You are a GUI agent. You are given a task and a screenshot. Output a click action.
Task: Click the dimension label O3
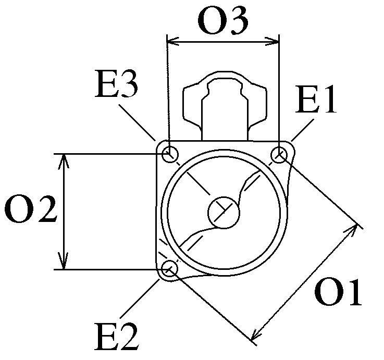pos(222,21)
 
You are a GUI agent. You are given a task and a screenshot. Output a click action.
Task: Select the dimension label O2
pos(30,211)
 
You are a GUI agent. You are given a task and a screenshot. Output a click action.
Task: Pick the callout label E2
pos(117,337)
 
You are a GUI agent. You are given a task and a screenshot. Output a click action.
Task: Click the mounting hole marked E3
pos(169,154)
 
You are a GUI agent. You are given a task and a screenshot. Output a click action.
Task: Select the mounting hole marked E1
pos(280,154)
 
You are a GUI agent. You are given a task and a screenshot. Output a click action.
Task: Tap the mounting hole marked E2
pos(169,269)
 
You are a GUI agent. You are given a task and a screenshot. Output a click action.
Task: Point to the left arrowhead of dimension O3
pos(171,39)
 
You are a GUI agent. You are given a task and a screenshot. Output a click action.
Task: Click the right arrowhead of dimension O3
pos(275,39)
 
